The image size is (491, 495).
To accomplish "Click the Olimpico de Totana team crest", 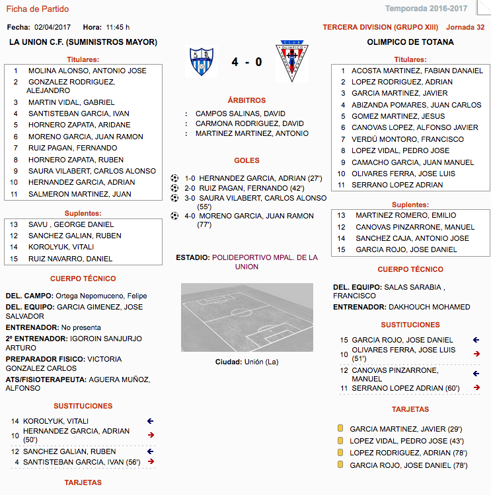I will [x=291, y=61].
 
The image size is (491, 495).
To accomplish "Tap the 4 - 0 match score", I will [x=246, y=62].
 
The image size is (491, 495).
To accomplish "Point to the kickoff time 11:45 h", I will [x=117, y=27].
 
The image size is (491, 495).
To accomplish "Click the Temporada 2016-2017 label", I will [x=435, y=9].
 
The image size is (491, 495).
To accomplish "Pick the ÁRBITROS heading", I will [x=246, y=100].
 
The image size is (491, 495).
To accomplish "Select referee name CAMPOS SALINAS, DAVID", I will [x=240, y=114].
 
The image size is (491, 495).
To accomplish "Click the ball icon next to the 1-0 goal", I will [x=174, y=178].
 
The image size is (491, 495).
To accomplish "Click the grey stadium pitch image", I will [x=246, y=317].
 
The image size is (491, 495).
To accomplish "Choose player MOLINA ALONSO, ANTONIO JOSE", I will [x=87, y=71].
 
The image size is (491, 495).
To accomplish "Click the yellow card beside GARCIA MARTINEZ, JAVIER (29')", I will [x=340, y=428].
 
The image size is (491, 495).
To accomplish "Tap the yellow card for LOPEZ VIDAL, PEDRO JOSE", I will [x=340, y=440].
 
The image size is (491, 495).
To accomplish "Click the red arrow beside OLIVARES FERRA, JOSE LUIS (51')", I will [x=476, y=354].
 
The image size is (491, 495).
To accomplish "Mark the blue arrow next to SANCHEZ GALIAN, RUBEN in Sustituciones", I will [x=150, y=451].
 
